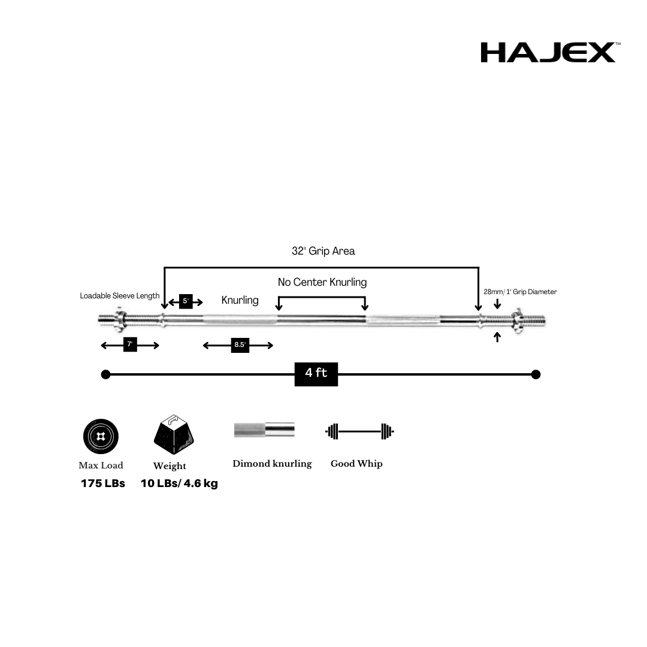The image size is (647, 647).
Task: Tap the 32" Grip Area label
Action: point(323,251)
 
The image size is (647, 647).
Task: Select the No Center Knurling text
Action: point(322,282)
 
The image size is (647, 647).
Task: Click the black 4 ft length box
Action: point(316,373)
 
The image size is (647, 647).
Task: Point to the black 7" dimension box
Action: point(130,344)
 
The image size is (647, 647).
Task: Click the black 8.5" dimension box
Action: point(240,345)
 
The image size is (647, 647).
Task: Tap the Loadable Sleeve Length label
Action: point(120,296)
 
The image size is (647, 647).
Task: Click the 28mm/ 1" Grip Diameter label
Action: point(520,292)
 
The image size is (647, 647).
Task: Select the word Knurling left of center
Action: point(240,300)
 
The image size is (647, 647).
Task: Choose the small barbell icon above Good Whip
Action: point(359,431)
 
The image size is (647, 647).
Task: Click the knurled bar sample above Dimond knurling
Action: point(264,430)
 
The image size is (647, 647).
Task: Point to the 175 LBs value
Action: point(103,483)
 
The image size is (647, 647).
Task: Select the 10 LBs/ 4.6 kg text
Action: point(179,483)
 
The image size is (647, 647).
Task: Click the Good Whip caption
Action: point(356,464)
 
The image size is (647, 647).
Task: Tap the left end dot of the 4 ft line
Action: point(106,374)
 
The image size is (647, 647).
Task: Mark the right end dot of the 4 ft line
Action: point(536,374)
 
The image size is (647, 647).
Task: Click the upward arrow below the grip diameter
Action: point(497,337)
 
